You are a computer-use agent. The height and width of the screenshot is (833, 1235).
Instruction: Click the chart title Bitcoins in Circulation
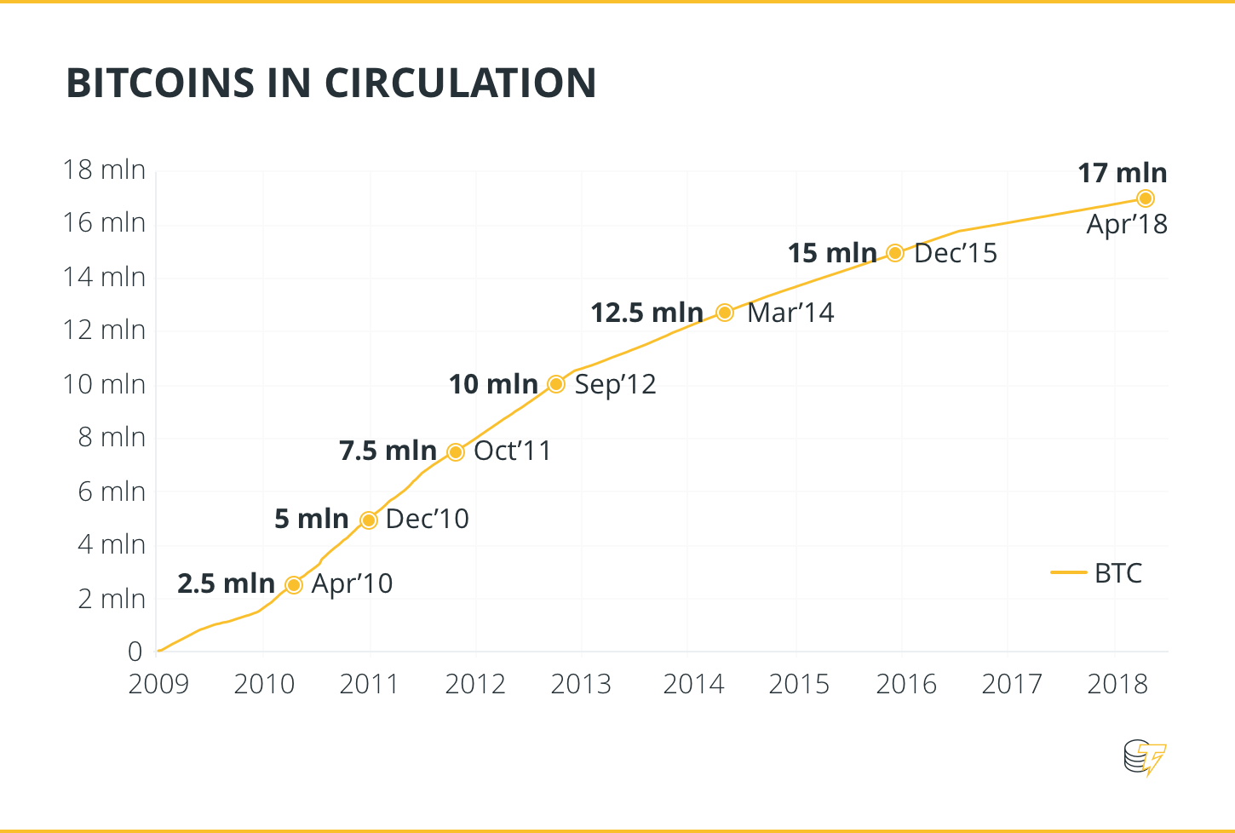tap(330, 83)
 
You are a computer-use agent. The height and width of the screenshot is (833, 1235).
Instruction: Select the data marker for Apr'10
tap(294, 585)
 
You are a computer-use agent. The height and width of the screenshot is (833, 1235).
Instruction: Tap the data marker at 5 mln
tap(369, 520)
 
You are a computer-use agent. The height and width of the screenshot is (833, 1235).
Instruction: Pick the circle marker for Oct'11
tap(456, 451)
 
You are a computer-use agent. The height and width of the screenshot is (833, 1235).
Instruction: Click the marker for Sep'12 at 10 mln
tap(556, 384)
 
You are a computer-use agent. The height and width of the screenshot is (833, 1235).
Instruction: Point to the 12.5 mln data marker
tap(725, 313)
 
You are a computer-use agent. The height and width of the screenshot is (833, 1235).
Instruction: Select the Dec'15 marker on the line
tap(895, 253)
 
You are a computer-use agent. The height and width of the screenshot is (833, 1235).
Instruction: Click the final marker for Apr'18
tap(1146, 198)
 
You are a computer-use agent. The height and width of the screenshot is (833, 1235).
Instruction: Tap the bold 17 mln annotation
tap(1122, 173)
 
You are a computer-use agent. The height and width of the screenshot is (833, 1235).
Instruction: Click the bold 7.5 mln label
tap(388, 451)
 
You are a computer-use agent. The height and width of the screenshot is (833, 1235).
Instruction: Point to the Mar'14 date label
tap(790, 313)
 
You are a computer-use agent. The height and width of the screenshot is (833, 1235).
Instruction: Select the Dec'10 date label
tap(427, 519)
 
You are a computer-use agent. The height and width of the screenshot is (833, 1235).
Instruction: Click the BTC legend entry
tap(1098, 573)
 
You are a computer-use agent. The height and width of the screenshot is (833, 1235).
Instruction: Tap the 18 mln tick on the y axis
tap(104, 169)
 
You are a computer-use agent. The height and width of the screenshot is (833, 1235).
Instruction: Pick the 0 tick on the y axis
tap(135, 652)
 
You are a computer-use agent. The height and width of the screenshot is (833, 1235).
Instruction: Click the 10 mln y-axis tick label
tap(104, 384)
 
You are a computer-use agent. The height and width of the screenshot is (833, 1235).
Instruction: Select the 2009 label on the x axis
tap(158, 684)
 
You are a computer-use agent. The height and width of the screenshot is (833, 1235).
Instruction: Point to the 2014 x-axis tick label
tap(693, 684)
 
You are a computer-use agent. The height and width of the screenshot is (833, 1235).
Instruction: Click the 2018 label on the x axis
tap(1117, 684)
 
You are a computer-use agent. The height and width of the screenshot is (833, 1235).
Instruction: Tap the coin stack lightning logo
tap(1145, 757)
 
